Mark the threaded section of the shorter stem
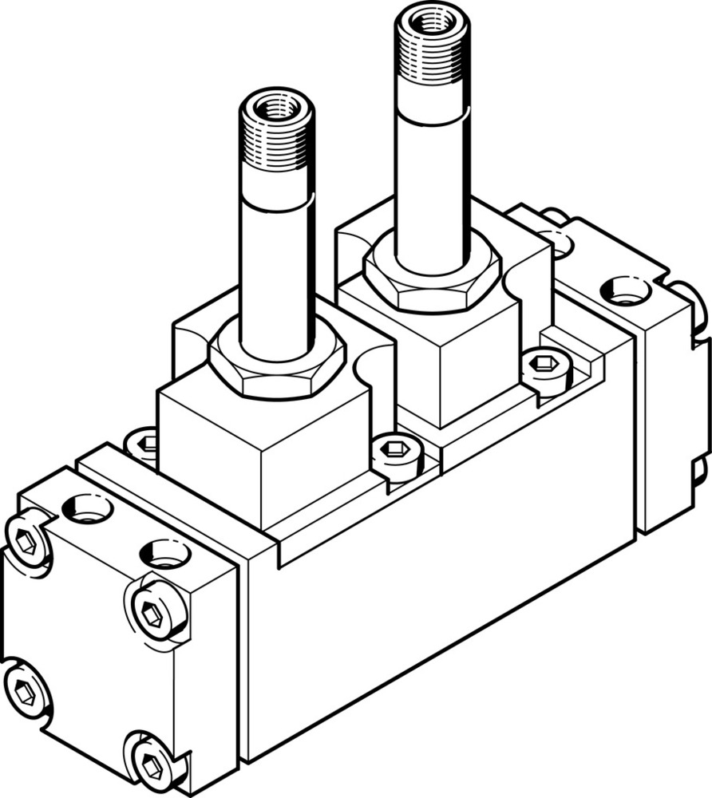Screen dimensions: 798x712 (276, 148)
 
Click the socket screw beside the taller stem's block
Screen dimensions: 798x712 (548, 366)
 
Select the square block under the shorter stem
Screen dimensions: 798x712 (263, 455)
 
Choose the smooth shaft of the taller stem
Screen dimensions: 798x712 (431, 192)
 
